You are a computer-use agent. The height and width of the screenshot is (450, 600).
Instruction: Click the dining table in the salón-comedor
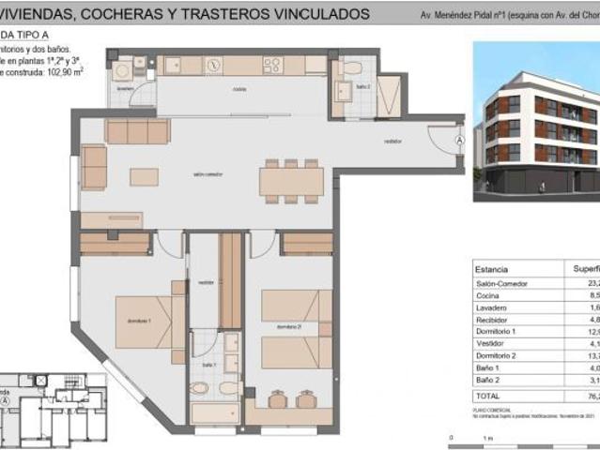291,180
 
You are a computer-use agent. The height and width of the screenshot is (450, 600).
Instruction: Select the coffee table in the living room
144,176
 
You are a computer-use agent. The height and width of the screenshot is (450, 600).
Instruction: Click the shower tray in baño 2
389,96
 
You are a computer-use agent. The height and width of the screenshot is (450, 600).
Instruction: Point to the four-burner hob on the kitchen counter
272,65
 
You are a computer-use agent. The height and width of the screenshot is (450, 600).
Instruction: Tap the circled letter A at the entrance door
459,140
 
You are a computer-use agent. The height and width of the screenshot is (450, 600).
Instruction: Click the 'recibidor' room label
393,141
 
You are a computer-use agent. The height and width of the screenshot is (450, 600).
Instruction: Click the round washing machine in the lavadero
121,70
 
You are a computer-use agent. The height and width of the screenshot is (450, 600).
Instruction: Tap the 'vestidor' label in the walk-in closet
206,282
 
